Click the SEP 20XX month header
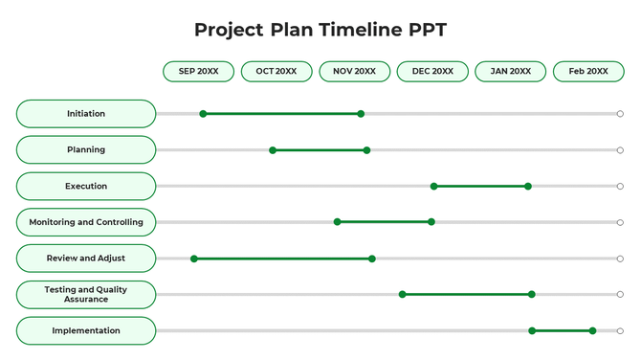tap(198, 72)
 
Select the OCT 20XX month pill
tap(276, 72)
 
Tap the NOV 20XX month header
tap(354, 72)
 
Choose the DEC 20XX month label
tap(432, 72)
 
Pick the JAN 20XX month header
tap(510, 72)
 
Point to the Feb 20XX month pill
tap(588, 72)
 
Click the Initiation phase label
tap(86, 114)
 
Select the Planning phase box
tap(86, 150)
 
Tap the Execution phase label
tap(86, 187)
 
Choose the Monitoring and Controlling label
tap(86, 222)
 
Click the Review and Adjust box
tap(86, 259)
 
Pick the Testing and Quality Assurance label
tap(86, 295)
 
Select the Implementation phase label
tap(86, 331)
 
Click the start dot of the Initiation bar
tap(203, 114)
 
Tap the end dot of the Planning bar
tap(366, 150)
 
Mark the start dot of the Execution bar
tap(434, 187)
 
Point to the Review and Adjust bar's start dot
tap(194, 259)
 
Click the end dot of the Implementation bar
tap(592, 331)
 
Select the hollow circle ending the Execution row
tap(620, 187)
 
